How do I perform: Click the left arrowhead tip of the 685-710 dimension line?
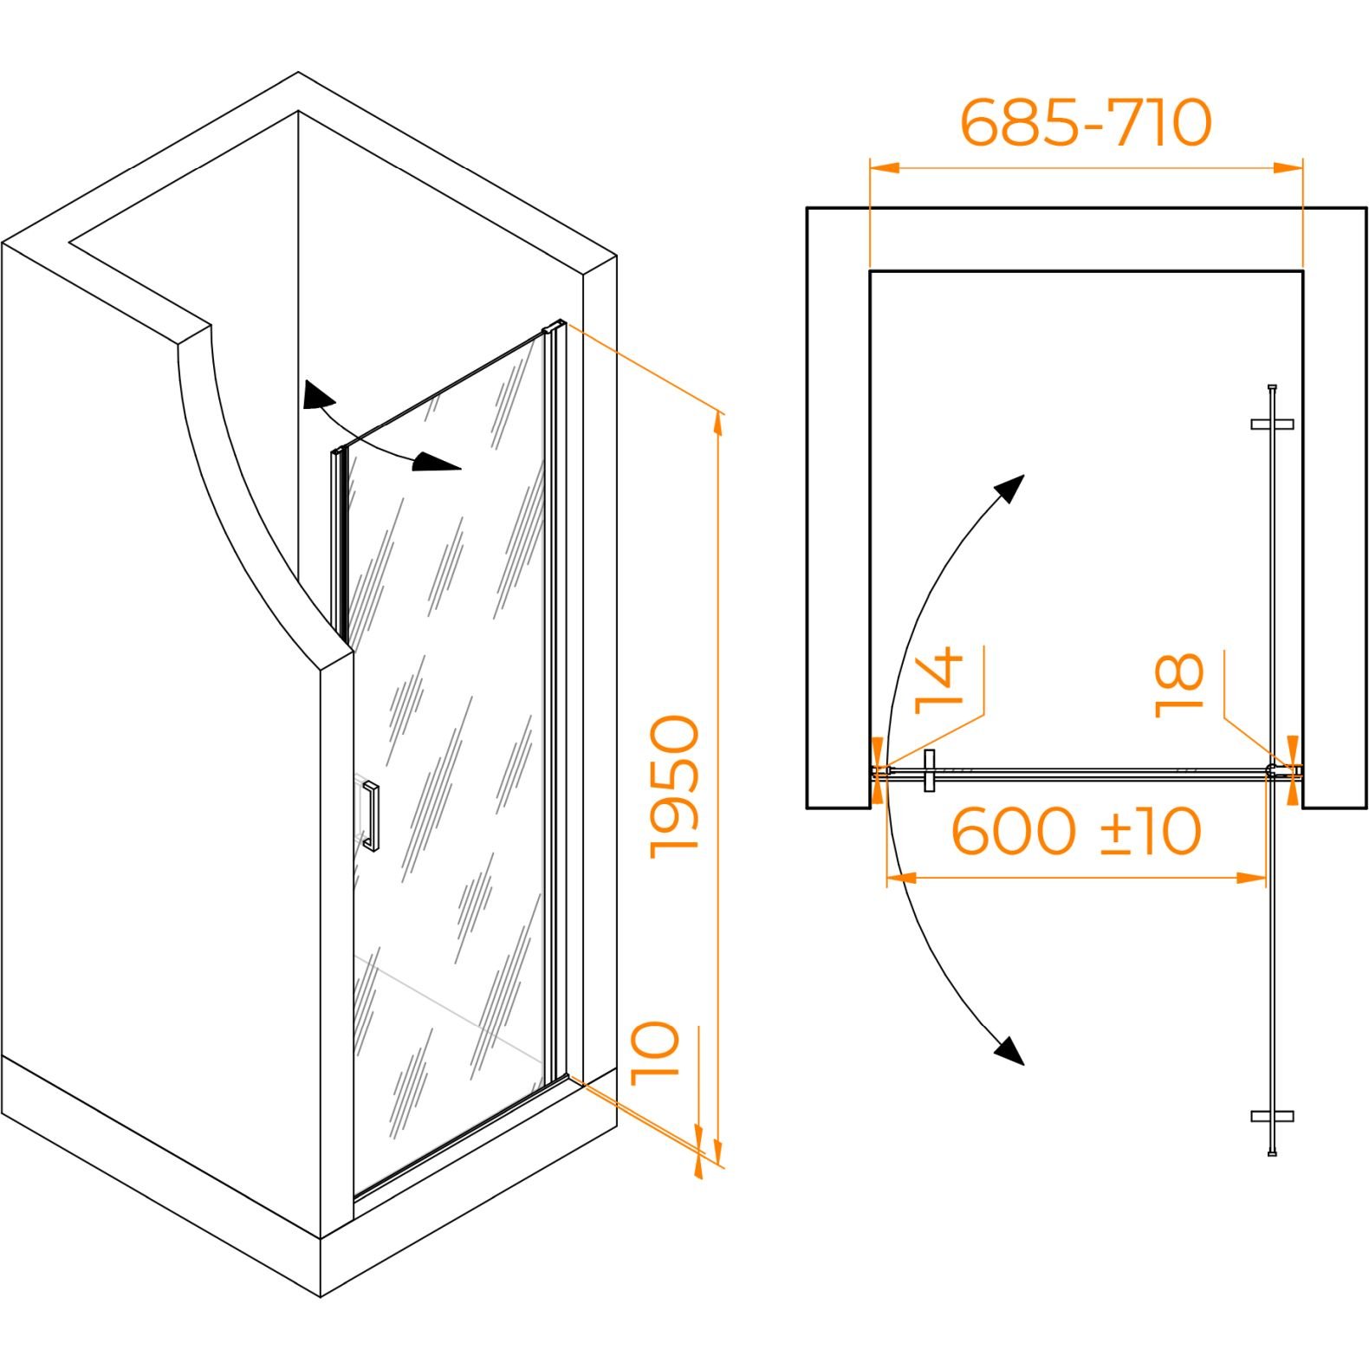coord(870,167)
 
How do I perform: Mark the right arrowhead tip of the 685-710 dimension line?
coord(1302,167)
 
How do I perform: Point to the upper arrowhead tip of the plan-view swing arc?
coord(1024,475)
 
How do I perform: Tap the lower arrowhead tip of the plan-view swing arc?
coord(1024,1064)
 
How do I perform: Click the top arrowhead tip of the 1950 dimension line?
coord(717,412)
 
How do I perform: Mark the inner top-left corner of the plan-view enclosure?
coord(870,271)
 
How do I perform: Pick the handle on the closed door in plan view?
coord(930,770)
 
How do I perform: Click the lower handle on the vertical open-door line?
coord(1273,1116)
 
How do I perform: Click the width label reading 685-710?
coord(1086,122)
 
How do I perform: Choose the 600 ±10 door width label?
coord(1076,831)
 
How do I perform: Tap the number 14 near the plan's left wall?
coord(940,678)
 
